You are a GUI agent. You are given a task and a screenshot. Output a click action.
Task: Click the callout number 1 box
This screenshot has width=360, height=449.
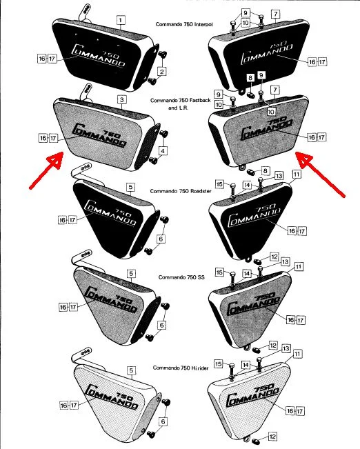(121, 21)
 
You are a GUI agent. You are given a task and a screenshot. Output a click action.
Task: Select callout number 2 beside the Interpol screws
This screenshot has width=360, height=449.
(162, 71)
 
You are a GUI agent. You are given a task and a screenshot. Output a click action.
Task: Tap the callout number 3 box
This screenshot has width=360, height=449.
(122, 100)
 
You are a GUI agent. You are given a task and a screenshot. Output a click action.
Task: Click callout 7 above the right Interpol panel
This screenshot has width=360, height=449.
(274, 14)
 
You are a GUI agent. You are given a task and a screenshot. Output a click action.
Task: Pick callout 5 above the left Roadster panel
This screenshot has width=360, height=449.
(130, 187)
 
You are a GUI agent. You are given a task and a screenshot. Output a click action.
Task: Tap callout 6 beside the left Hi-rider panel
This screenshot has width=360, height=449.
(163, 421)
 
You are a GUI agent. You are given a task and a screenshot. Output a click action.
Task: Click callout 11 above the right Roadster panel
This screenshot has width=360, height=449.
(297, 175)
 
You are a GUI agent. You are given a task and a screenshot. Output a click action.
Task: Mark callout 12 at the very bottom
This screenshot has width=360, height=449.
(274, 436)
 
